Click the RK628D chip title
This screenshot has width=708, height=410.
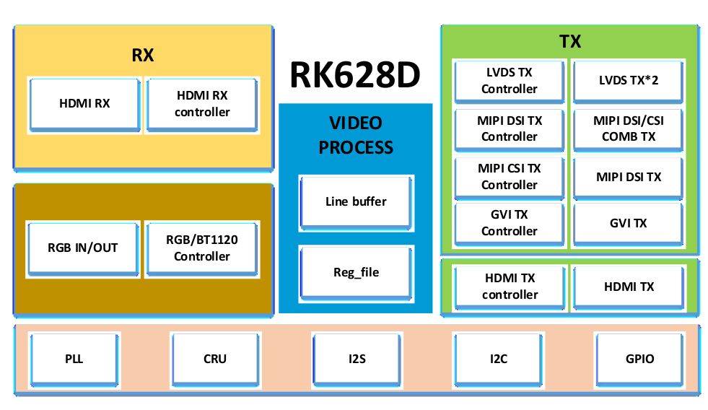[x=355, y=75]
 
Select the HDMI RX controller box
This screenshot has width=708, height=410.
[x=202, y=105]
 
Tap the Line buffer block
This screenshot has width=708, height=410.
[x=357, y=203]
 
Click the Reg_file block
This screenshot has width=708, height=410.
[x=357, y=274]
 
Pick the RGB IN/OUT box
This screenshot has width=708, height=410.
[x=83, y=249]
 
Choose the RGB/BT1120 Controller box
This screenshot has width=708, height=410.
[x=202, y=249]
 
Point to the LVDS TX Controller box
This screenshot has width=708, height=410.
[x=510, y=82]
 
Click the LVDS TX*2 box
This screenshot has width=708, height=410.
[x=628, y=82]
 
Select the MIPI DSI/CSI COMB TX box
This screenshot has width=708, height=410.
[x=628, y=130]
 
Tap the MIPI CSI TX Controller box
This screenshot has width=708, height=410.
[x=510, y=178]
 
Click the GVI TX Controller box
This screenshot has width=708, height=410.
[x=510, y=224]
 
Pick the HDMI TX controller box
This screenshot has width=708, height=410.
[x=510, y=287]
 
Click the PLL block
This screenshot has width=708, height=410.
[x=74, y=360]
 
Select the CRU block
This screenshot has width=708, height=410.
[x=215, y=360]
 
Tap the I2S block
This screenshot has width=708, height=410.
[x=357, y=360]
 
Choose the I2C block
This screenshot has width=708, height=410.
[x=499, y=360]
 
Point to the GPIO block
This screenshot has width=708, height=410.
[x=640, y=360]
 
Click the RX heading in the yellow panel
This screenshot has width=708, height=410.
[x=143, y=55]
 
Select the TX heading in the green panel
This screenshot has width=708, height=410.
[x=570, y=42]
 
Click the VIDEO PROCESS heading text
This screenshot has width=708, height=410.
[x=356, y=136]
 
